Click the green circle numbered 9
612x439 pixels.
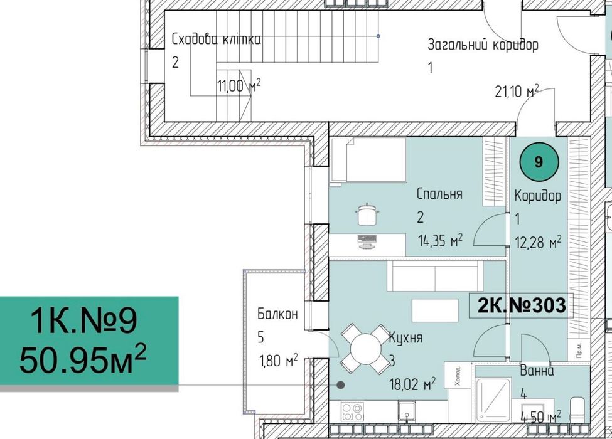[x=539, y=161]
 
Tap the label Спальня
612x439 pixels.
[x=439, y=194]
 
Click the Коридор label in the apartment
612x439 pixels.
[x=537, y=196]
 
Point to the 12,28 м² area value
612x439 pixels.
[x=538, y=243]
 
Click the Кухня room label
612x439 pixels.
[x=405, y=337]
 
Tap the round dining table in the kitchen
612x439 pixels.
[x=365, y=348]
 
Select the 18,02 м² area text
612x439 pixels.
[x=412, y=385]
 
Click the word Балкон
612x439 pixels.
[x=277, y=314]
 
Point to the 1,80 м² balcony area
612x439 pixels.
[x=278, y=361]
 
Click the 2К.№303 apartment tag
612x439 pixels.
[x=522, y=305]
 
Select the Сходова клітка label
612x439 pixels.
[x=216, y=40]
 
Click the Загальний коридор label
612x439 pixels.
[x=483, y=45]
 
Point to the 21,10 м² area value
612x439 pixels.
[x=517, y=93]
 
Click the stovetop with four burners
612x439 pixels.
[x=352, y=411]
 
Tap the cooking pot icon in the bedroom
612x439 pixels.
[x=367, y=214]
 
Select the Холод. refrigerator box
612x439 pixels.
[x=458, y=376]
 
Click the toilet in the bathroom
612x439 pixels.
[x=577, y=410]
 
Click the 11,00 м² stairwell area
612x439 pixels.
[x=239, y=86]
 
